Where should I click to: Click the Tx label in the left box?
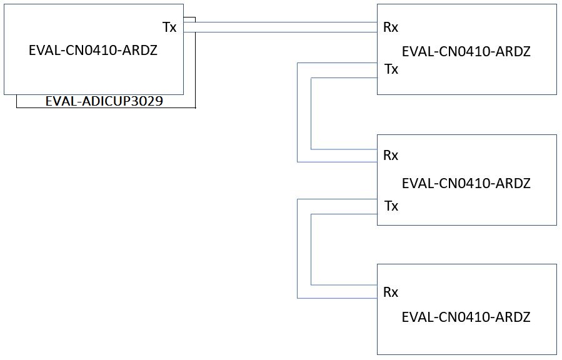point(169,27)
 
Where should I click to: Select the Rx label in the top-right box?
point(391,27)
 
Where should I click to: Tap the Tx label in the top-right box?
point(391,69)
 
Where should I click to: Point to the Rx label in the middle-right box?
point(391,156)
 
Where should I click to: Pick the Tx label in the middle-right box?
point(391,206)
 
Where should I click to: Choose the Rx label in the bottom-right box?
point(391,292)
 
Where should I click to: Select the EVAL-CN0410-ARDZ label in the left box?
point(93,50)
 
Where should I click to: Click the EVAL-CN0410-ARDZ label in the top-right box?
point(466,52)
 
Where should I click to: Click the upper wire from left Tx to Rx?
point(280,22)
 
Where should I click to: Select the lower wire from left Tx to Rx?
point(280,32)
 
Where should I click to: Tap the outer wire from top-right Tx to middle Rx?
point(298,112)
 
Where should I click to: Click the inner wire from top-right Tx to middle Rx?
point(311,113)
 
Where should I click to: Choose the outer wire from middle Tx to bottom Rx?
point(298,249)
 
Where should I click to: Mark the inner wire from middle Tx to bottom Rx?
point(311,249)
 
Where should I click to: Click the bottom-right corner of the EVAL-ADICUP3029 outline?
point(195,107)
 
